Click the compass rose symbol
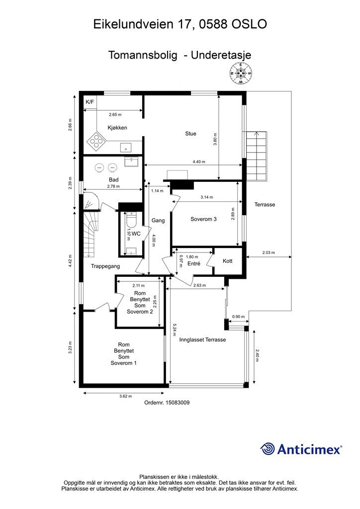click(241, 74)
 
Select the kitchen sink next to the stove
click(126, 148)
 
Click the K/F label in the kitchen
click(90, 102)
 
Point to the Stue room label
click(190, 133)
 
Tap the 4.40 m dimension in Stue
click(199, 162)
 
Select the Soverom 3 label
click(203, 219)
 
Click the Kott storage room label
click(228, 261)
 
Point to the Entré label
click(194, 264)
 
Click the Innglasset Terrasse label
click(202, 340)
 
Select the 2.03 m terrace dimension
click(269, 253)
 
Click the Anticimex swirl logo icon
click(267, 449)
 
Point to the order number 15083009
click(178, 403)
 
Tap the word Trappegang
click(105, 266)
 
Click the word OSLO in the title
click(249, 24)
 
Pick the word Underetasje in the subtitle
click(221, 55)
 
